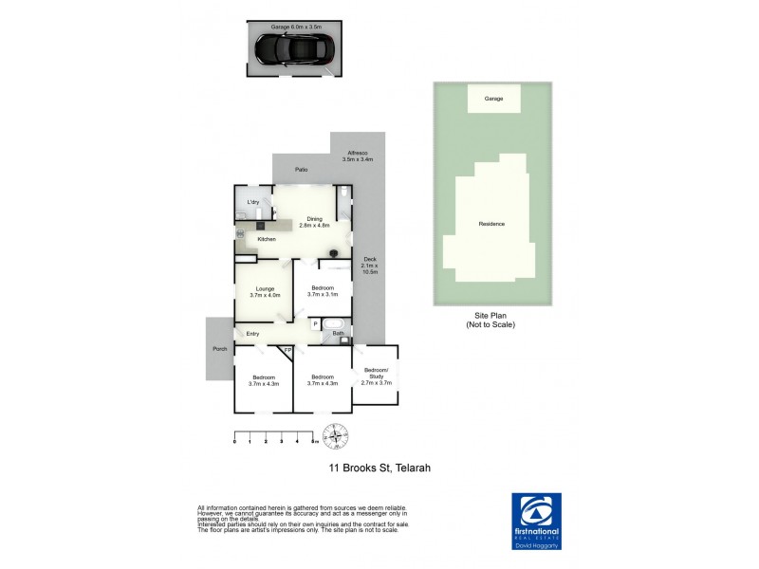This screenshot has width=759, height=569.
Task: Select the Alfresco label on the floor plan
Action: (x=359, y=156)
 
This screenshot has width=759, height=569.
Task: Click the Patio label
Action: (x=301, y=170)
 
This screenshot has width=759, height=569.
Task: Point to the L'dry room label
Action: (x=253, y=203)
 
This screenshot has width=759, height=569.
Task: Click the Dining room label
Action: (x=313, y=222)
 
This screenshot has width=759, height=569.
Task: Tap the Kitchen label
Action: (x=267, y=239)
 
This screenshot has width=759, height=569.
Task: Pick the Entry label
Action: (x=253, y=334)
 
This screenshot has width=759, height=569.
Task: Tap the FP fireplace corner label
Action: (x=287, y=351)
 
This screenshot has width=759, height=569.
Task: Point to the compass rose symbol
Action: (x=334, y=439)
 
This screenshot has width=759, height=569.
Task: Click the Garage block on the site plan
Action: (x=493, y=99)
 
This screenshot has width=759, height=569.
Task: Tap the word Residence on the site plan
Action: (x=491, y=224)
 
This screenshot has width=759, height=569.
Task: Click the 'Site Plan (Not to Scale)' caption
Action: (x=491, y=320)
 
